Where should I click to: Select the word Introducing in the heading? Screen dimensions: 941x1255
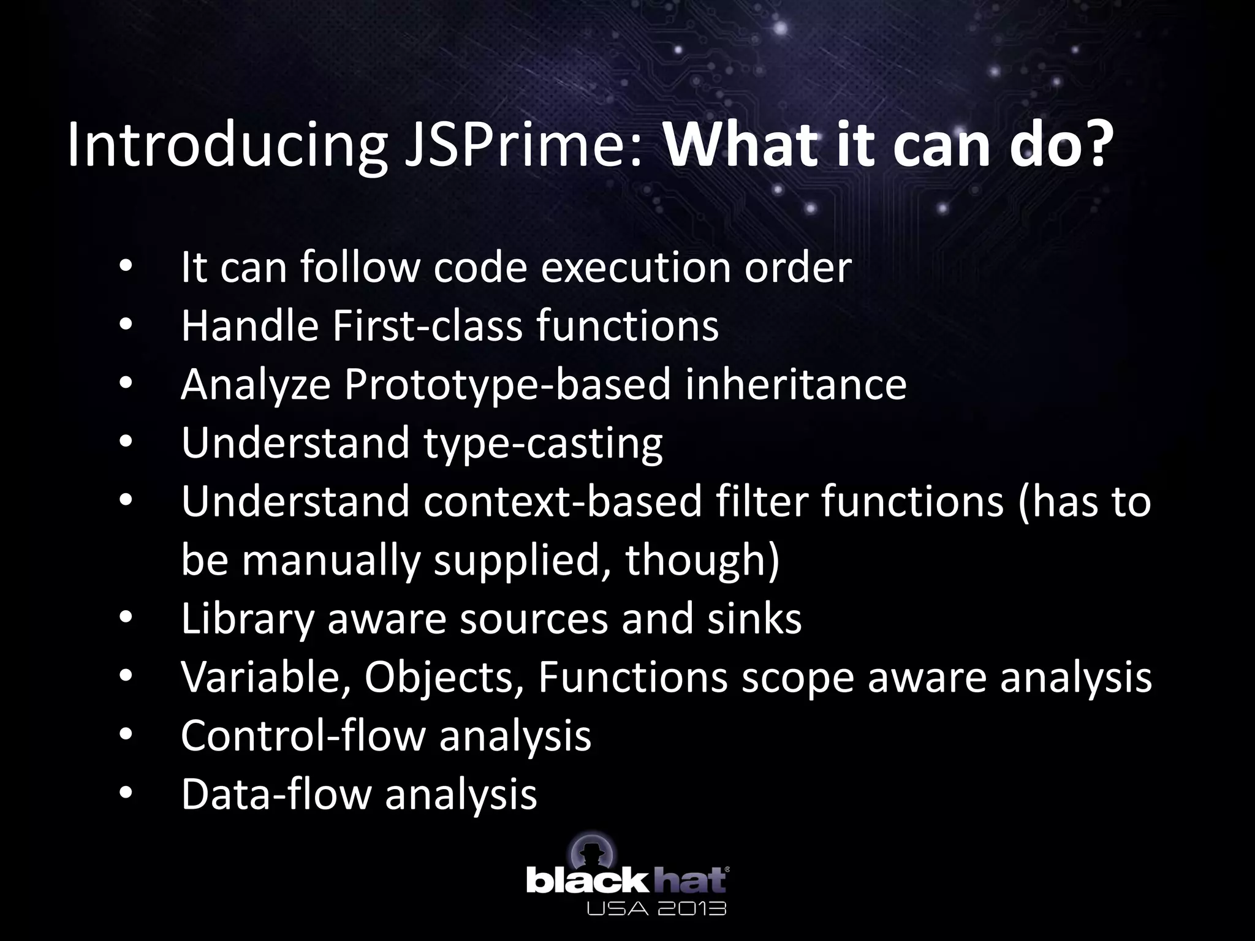227,146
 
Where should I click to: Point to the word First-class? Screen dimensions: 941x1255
427,325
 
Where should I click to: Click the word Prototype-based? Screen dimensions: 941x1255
507,384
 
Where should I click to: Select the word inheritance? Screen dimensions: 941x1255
795,384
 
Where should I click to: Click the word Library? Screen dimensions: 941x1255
247,618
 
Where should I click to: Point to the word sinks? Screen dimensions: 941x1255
754,618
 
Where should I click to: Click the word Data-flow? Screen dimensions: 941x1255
276,794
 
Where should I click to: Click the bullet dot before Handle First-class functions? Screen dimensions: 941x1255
126,325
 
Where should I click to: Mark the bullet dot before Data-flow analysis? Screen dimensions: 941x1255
126,794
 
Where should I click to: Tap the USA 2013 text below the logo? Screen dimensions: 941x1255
656,908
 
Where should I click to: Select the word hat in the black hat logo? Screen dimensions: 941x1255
691,880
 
